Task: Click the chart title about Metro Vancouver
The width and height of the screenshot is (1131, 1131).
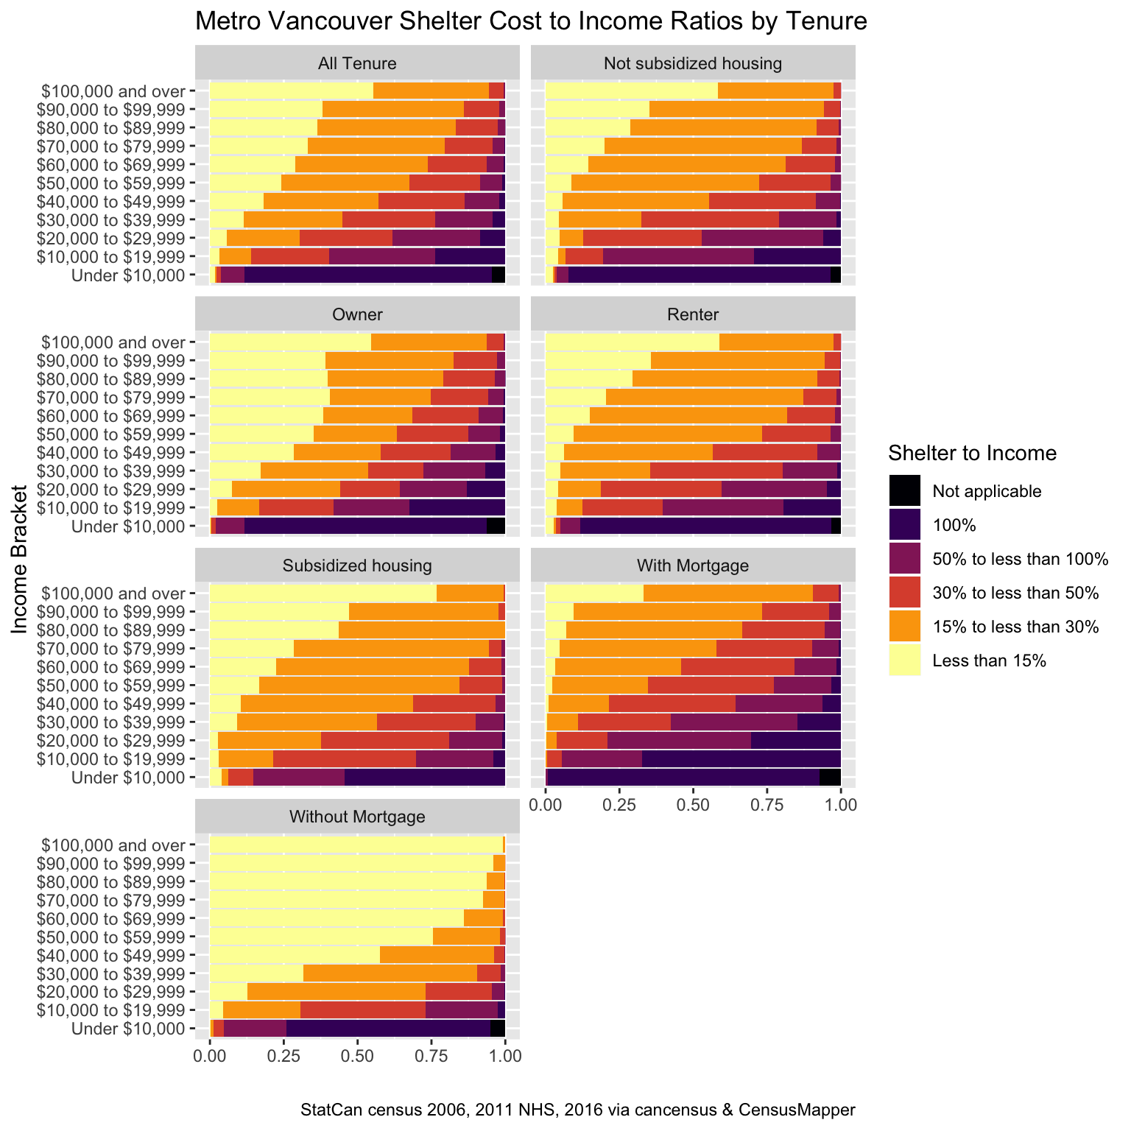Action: coord(530,22)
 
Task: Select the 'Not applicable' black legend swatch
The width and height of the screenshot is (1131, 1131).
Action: coord(904,491)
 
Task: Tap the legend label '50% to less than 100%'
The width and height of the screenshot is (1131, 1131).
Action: coord(1020,559)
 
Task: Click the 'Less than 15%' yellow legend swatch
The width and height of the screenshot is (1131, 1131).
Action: coord(904,660)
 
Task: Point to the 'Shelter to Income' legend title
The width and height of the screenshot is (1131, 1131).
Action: coord(972,453)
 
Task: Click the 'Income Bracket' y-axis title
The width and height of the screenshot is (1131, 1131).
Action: coord(20,558)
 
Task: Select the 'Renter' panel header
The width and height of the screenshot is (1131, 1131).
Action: coord(692,315)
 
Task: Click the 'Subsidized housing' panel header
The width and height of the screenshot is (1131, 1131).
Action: coord(357,566)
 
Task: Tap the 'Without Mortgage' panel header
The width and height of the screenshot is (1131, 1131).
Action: coord(357,817)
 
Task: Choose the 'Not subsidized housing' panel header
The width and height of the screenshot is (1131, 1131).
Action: coord(692,63)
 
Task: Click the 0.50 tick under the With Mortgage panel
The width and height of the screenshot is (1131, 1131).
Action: coord(693,805)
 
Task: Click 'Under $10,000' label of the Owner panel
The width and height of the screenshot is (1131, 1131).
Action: coord(128,526)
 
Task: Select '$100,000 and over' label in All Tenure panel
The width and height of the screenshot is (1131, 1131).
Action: coord(113,91)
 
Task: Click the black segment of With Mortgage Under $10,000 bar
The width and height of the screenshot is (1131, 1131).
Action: coord(830,778)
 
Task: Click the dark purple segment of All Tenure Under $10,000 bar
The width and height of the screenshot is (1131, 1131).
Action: coord(368,275)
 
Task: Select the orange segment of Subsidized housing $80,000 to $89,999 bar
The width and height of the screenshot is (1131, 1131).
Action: coord(421,630)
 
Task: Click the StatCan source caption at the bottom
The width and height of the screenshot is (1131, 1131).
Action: coord(578,1110)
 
